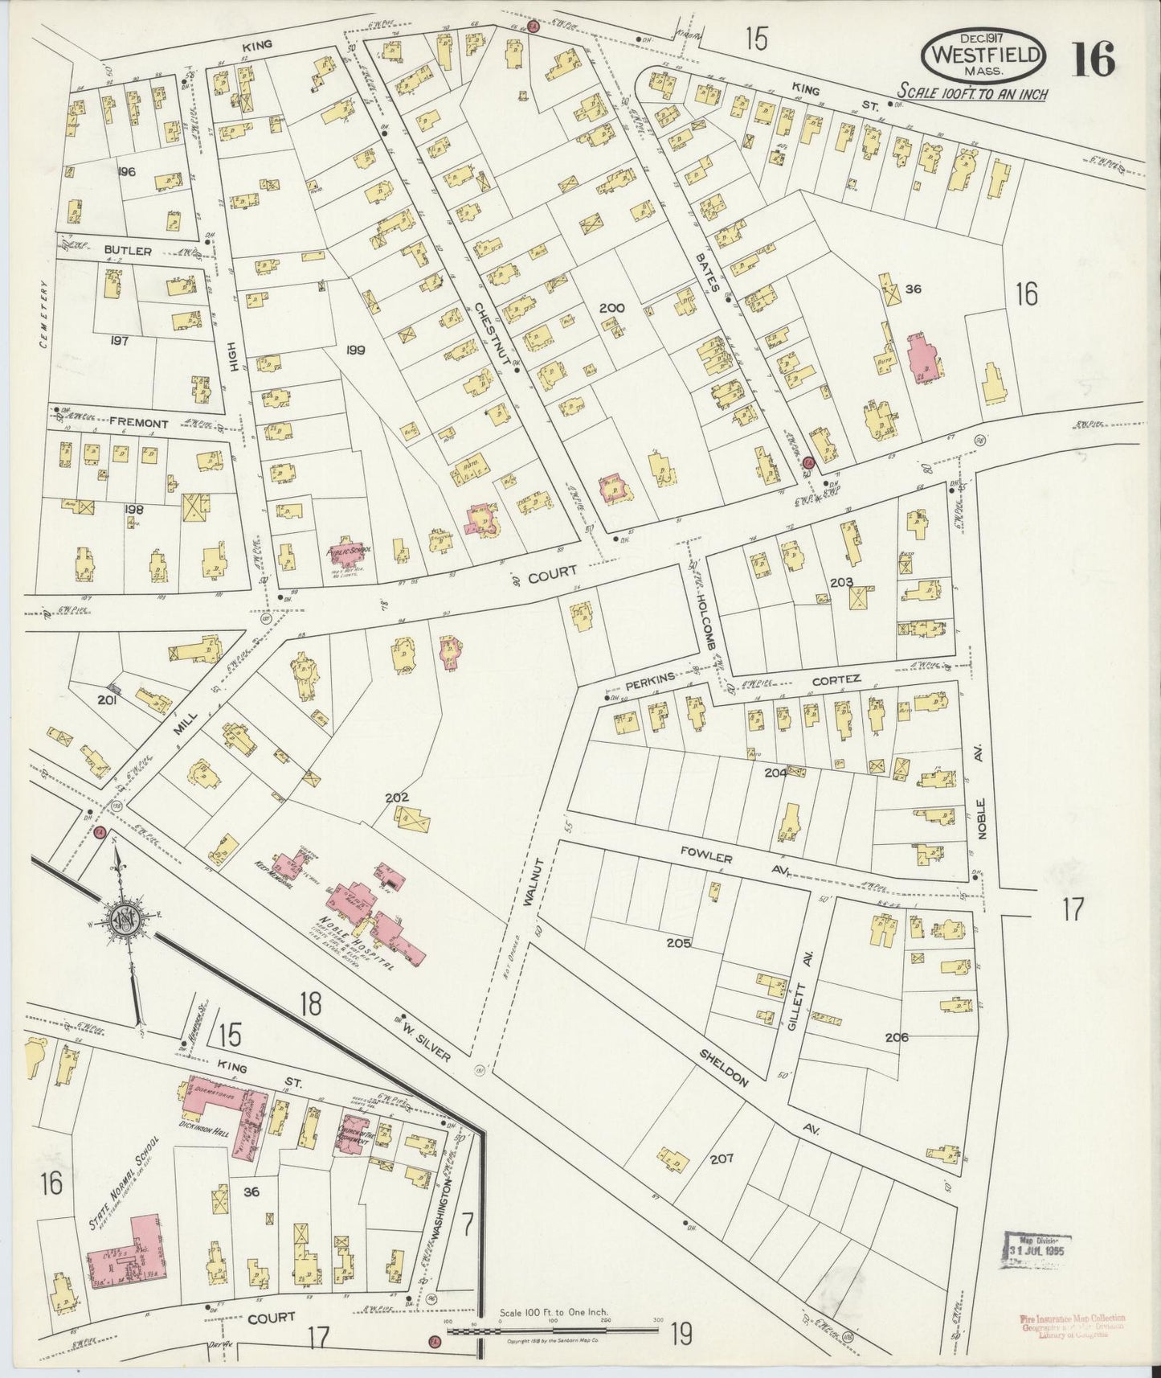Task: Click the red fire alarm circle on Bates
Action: pyautogui.click(x=807, y=462)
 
